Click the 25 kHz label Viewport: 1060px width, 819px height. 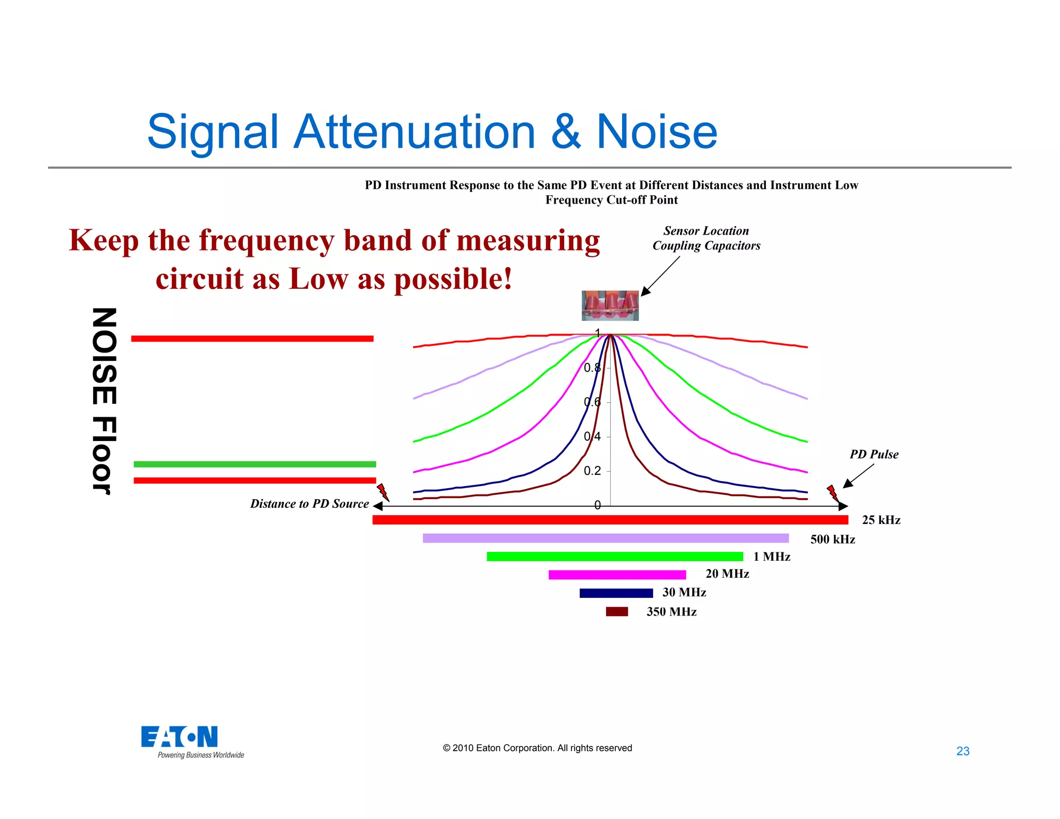point(881,520)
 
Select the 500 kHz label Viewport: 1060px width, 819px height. point(832,539)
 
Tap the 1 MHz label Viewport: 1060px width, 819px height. point(772,557)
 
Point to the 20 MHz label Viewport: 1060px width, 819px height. point(727,574)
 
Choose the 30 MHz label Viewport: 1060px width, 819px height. point(684,592)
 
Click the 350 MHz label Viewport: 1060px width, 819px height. point(671,611)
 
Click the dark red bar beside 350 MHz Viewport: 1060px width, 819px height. point(617,611)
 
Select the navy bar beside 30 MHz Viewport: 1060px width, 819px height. point(616,593)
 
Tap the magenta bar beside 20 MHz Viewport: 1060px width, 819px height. point(617,575)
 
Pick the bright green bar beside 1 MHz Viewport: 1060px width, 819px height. point(615,557)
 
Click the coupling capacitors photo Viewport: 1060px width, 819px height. point(610,305)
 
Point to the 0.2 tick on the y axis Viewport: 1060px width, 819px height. point(593,471)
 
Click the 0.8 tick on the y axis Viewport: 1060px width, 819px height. point(593,368)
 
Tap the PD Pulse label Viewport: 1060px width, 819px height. point(874,454)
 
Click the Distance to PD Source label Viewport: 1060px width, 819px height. point(310,504)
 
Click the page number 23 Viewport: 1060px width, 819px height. point(963,751)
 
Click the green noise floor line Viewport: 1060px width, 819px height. point(255,464)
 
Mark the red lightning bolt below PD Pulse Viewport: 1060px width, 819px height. point(832,493)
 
